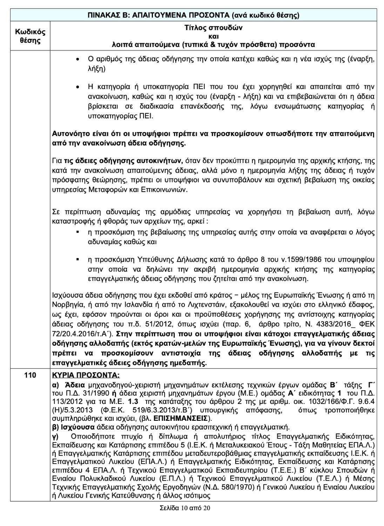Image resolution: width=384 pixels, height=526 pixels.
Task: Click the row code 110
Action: pos(30,375)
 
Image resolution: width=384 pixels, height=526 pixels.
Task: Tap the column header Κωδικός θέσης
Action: pos(30,36)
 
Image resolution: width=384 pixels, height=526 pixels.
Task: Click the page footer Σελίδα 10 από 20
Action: pos(184,508)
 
